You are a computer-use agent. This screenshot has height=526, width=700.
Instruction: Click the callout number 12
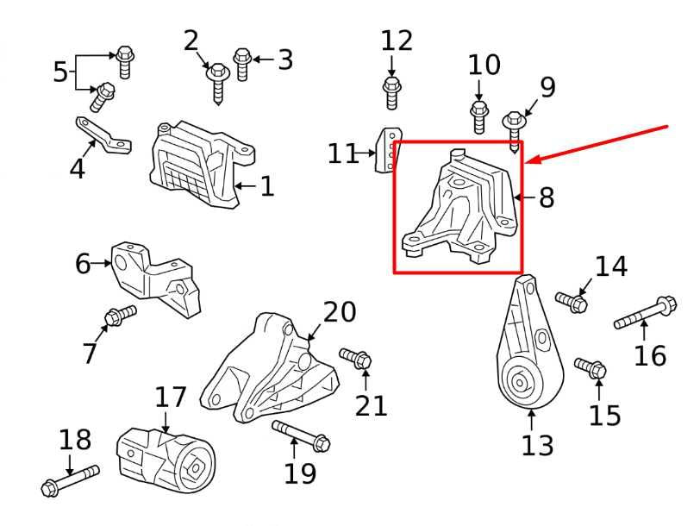pyautogui.click(x=397, y=41)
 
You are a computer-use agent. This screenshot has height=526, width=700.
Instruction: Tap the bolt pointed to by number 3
pyautogui.click(x=241, y=65)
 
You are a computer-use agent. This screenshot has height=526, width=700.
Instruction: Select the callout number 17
pyautogui.click(x=170, y=398)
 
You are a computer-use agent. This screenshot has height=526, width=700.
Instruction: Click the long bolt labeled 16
pyautogui.click(x=645, y=312)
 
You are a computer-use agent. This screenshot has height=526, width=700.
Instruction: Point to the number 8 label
pyautogui.click(x=547, y=197)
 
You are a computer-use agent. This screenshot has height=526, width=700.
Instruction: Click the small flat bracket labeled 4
pyautogui.click(x=103, y=135)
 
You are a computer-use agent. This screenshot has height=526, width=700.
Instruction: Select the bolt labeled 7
pyautogui.click(x=120, y=316)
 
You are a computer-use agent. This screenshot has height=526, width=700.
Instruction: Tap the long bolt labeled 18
pyautogui.click(x=70, y=480)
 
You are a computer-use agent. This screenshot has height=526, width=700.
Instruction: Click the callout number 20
pyautogui.click(x=340, y=311)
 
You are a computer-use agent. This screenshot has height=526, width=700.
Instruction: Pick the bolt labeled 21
pyautogui.click(x=355, y=358)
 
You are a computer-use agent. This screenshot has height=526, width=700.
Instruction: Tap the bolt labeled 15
pyautogui.click(x=591, y=368)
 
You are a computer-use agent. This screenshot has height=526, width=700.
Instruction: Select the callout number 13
pyautogui.click(x=538, y=445)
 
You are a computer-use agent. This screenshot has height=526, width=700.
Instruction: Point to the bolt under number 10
pyautogui.click(x=479, y=117)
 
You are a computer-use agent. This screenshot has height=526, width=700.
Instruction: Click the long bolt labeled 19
pyautogui.click(x=301, y=435)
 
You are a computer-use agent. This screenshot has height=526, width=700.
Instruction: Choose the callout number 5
pyautogui.click(x=59, y=72)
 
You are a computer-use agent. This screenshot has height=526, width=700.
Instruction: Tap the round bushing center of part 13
pyautogui.click(x=520, y=382)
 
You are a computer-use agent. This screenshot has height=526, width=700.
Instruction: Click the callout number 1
pyautogui.click(x=267, y=186)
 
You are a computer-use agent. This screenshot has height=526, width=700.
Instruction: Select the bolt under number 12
pyautogui.click(x=392, y=92)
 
